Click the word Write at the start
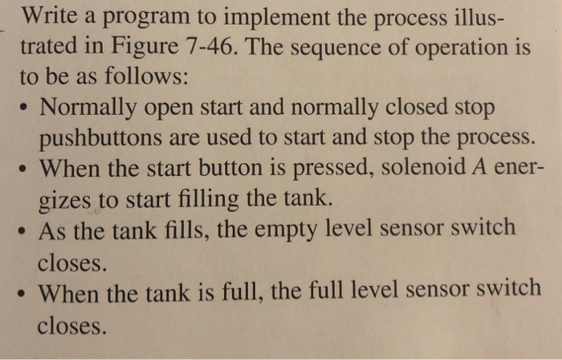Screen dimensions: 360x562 coord(47,18)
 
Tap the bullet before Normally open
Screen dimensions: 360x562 coord(23,108)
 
